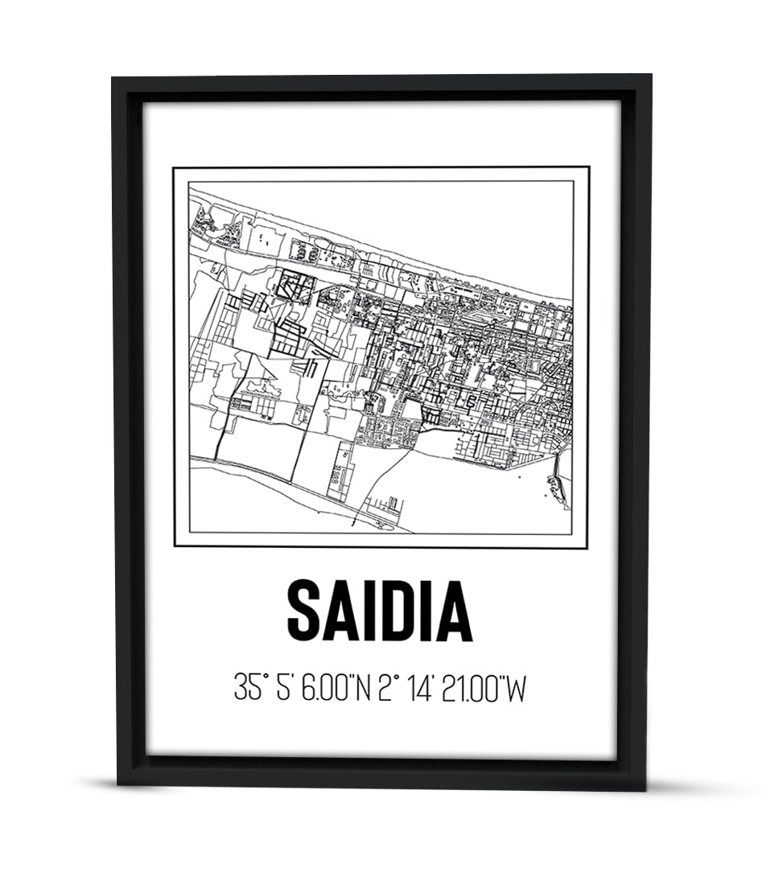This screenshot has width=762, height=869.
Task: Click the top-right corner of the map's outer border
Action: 588,167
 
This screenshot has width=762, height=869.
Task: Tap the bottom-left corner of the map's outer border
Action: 175,547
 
